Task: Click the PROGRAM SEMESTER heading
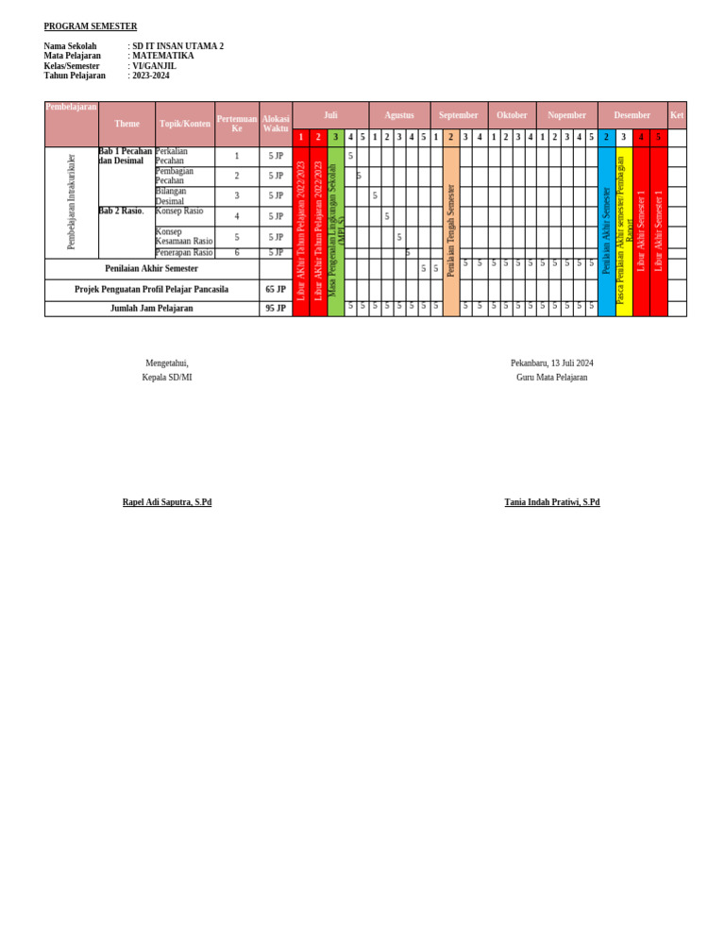(91, 26)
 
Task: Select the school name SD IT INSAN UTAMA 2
(177, 46)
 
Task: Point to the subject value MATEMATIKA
(163, 56)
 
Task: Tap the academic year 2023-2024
(151, 76)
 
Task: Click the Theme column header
(126, 124)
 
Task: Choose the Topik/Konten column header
(185, 124)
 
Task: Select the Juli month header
(330, 115)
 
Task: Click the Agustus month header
(399, 115)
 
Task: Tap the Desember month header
(632, 115)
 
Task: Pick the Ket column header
(677, 115)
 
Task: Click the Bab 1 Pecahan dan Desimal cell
(126, 156)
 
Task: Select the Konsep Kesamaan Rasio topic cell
(183, 237)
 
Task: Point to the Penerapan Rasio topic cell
(183, 253)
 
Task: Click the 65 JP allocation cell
(276, 290)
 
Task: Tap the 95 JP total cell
(276, 309)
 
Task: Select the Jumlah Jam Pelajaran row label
(151, 309)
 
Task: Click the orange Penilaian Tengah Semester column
(451, 230)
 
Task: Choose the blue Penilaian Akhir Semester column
(606, 230)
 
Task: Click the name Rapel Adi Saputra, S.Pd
(167, 502)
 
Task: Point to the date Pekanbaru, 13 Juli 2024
(552, 363)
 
